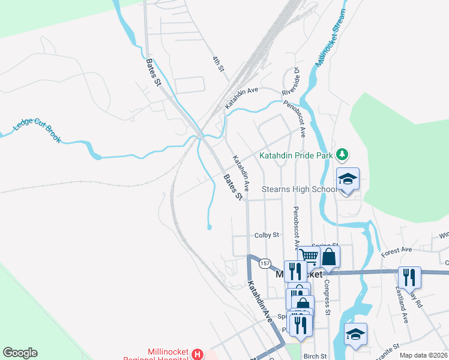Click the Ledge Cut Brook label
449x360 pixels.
(37, 130)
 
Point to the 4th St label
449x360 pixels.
(217, 64)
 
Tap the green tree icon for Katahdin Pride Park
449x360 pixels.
(342, 155)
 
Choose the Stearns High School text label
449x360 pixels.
(301, 190)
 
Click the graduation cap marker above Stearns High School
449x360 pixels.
(348, 179)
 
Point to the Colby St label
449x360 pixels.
(267, 235)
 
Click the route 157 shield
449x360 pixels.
(264, 263)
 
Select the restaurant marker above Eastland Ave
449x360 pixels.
(409, 277)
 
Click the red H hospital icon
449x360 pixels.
(197, 355)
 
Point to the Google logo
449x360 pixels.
(20, 353)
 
